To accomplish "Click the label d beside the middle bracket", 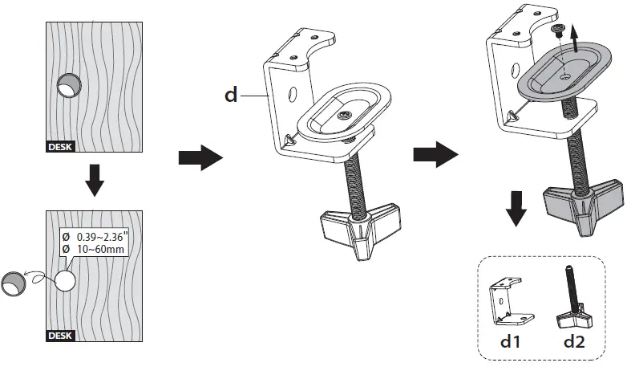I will pos(231,96).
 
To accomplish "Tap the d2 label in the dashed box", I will pos(574,340).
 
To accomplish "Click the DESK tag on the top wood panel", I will pos(60,148).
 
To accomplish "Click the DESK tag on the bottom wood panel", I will pos(60,336).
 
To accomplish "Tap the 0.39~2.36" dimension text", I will pos(99,238).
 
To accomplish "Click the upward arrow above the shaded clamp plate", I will pos(575,36).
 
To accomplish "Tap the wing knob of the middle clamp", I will pos(347,230).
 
